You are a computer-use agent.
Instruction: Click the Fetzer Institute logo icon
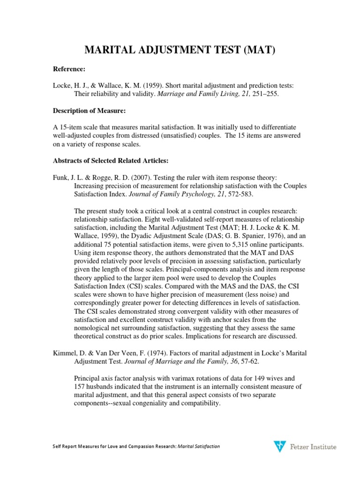pos(279,447)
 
